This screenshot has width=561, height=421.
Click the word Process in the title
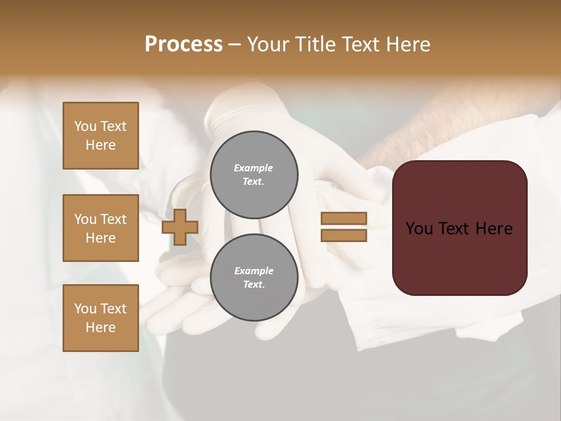[x=183, y=44]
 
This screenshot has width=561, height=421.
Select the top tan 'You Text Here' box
[x=101, y=136]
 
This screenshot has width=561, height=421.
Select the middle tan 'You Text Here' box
[x=101, y=228]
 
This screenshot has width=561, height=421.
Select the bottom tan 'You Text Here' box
[x=101, y=318]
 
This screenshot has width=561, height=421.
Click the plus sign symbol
[x=179, y=227]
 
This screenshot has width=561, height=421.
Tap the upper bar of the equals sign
[x=344, y=218]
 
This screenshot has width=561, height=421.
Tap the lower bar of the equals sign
[x=344, y=236]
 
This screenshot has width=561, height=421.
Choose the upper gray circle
[x=254, y=175]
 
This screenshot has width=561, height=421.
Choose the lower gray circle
[x=254, y=278]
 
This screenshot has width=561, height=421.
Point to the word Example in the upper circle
[x=253, y=168]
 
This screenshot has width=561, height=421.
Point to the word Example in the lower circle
[x=254, y=271]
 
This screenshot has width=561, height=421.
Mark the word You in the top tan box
[x=85, y=126]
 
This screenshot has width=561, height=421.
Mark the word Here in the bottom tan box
[x=101, y=327]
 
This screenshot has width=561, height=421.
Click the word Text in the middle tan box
[x=113, y=219]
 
